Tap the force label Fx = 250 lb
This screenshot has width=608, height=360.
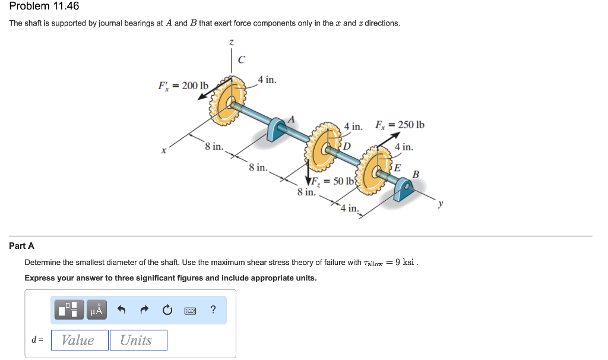click(x=400, y=125)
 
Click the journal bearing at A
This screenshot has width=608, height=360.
click(x=277, y=130)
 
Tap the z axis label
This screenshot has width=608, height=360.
click(x=232, y=42)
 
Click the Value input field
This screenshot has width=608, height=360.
click(x=80, y=340)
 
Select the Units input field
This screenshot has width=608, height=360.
click(x=138, y=340)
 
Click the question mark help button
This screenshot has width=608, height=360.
click(x=213, y=310)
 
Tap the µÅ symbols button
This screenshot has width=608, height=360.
click(x=96, y=310)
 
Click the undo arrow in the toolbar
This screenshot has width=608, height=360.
click(x=122, y=310)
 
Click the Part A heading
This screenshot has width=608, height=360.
click(x=21, y=245)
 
